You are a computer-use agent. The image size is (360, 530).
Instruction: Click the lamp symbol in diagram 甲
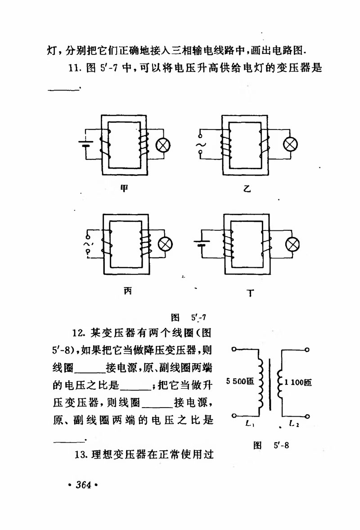click(x=163, y=145)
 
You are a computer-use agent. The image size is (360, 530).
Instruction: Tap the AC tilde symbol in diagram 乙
click(x=198, y=144)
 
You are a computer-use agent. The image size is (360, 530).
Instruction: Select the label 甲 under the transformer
click(x=124, y=189)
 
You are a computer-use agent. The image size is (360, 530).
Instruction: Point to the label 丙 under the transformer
click(x=128, y=291)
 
